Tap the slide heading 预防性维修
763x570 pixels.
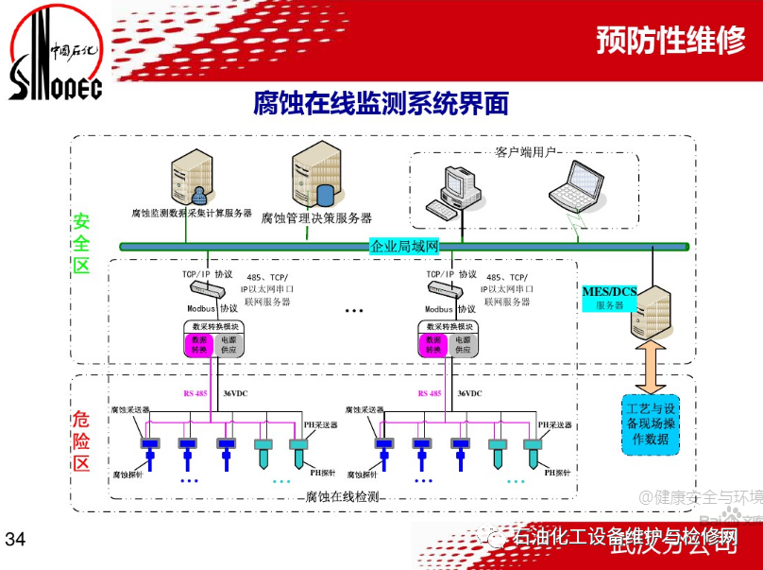pyautogui.click(x=670, y=41)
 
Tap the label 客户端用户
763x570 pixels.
pyautogui.click(x=526, y=151)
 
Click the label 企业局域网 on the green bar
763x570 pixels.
pyautogui.click(x=405, y=247)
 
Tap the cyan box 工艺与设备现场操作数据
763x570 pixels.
pyautogui.click(x=652, y=424)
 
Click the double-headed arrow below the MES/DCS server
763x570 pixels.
pyautogui.click(x=651, y=367)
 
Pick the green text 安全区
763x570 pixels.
pyautogui.click(x=82, y=243)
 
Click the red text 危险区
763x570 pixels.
pyautogui.click(x=82, y=440)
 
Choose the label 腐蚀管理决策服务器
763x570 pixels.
pyautogui.click(x=316, y=218)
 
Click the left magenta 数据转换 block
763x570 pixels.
pyautogui.click(x=199, y=345)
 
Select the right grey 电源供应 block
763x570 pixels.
pyautogui.click(x=464, y=345)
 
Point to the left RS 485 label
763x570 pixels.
pyautogui.click(x=195, y=392)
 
